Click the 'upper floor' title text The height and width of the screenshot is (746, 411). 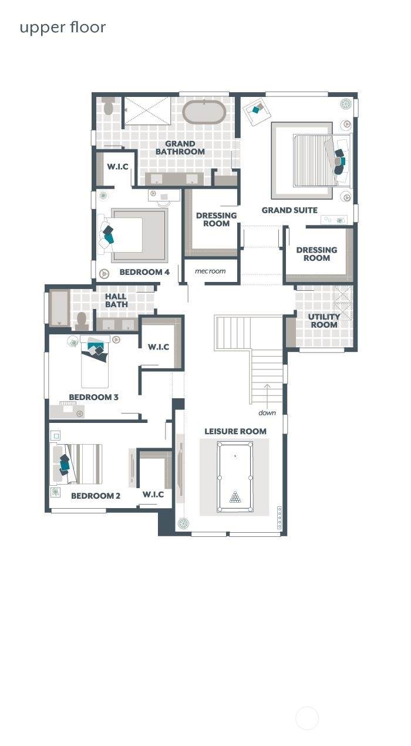(x=63, y=28)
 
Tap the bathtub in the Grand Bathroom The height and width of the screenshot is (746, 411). (x=204, y=112)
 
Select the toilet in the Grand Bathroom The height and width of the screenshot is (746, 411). (x=107, y=105)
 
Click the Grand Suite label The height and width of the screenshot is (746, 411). (x=289, y=210)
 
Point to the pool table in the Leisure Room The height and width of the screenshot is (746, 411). (x=235, y=477)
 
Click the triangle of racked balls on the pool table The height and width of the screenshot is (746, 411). (x=235, y=497)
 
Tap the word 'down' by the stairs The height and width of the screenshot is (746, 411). (x=267, y=413)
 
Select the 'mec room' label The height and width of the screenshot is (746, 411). (x=210, y=271)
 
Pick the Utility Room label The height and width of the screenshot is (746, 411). (x=324, y=321)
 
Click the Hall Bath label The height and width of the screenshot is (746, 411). (x=116, y=300)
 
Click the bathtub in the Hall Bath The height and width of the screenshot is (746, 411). (x=60, y=308)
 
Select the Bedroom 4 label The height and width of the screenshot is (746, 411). (x=144, y=272)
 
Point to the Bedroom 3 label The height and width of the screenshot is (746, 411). (x=93, y=397)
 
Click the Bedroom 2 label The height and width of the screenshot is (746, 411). (x=96, y=496)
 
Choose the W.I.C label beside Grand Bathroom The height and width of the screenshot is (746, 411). (x=117, y=166)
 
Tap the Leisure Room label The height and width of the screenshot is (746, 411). (x=235, y=431)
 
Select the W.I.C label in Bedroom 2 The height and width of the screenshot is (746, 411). (x=153, y=495)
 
